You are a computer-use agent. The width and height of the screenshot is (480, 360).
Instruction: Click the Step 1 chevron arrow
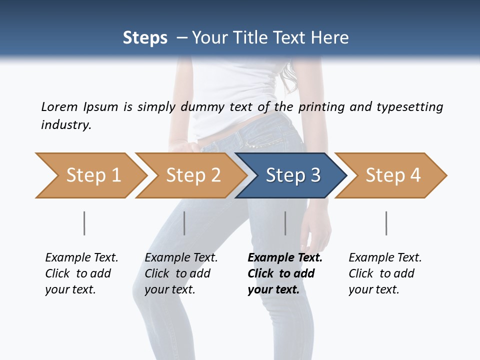pos(90,175)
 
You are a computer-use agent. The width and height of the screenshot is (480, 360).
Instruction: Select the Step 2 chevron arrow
pos(190,175)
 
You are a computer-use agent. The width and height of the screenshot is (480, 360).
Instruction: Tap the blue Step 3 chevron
pos(290,175)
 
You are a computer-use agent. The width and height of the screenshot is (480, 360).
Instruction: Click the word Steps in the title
pos(145,37)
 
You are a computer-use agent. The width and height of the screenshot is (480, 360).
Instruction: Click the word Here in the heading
pos(329,37)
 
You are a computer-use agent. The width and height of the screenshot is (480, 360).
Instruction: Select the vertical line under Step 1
pos(84,223)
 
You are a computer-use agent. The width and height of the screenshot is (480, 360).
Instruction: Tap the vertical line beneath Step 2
pos(184,223)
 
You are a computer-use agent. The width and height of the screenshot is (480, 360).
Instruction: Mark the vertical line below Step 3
pos(285,223)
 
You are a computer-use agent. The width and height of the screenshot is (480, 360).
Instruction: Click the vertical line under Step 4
pos(386,223)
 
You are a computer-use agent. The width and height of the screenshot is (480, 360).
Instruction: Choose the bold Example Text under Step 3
pos(284,273)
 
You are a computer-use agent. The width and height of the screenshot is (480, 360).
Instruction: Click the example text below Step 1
pos(81,273)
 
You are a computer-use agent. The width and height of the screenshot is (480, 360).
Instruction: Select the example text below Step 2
pos(180,273)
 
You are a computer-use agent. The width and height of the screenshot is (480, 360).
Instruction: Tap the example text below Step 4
pos(384,273)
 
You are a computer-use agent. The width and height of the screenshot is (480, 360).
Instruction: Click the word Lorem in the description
pos(59,107)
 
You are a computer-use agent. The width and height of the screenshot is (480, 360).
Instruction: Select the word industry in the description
pos(65,124)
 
